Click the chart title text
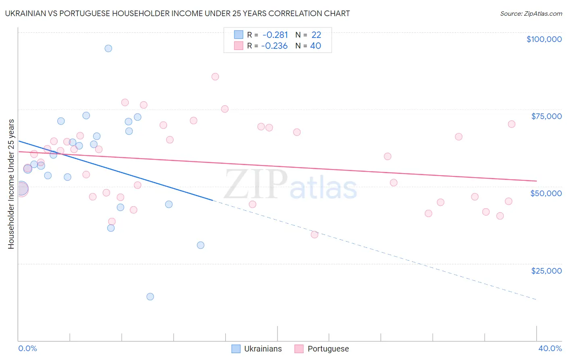tap(177, 13)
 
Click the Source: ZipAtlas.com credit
tap(531, 13)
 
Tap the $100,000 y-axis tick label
tap(544, 39)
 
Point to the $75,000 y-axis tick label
tap(546, 116)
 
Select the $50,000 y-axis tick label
tap(546, 193)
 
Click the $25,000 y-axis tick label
tap(546, 271)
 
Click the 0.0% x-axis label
tap(27, 348)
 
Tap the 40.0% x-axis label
tap(550, 348)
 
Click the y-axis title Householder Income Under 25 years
tap(11, 184)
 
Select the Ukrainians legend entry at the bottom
tap(257, 349)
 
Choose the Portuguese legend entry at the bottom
tap(322, 349)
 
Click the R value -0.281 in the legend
tap(275, 35)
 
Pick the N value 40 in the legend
tap(315, 46)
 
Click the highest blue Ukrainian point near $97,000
tap(108, 48)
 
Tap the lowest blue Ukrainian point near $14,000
tap(150, 297)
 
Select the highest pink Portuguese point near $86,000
tap(215, 77)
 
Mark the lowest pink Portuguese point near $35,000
tap(315, 234)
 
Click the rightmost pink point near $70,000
tap(511, 124)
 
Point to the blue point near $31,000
tap(200, 245)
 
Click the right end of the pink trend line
tap(536, 181)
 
